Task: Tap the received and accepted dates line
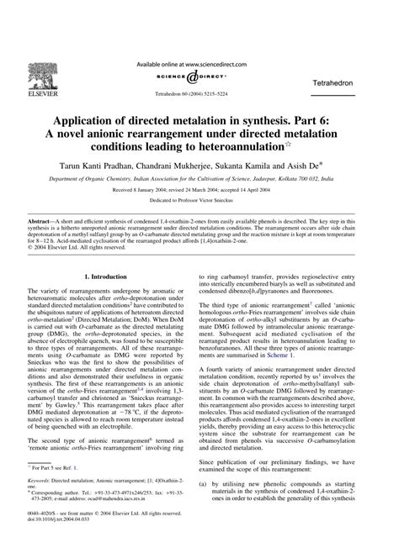199,191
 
